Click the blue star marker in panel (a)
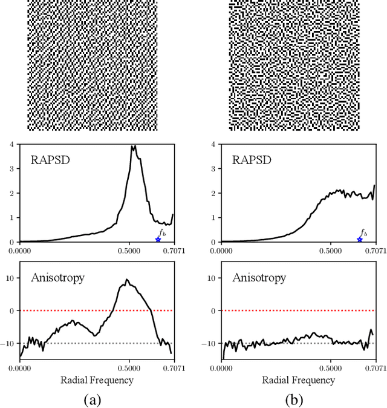pyautogui.click(x=158, y=240)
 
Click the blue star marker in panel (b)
pyautogui.click(x=360, y=240)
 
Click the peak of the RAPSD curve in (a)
pyautogui.click(x=133, y=146)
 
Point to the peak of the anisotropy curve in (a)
pyautogui.click(x=127, y=280)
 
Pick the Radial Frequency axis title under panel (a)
pyautogui.click(x=97, y=380)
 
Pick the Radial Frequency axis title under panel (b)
pyautogui.click(x=299, y=380)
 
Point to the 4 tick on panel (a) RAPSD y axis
pyautogui.click(x=13, y=145)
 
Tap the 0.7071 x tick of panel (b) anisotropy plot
pyautogui.click(x=376, y=367)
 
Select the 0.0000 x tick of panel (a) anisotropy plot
pyautogui.click(x=21, y=367)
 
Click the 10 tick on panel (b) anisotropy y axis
pyautogui.click(x=212, y=277)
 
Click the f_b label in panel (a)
pyautogui.click(x=161, y=232)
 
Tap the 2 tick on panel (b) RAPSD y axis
pyautogui.click(x=214, y=193)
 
